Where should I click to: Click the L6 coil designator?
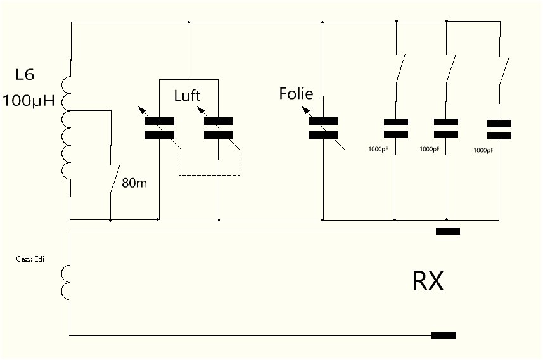tap(25, 75)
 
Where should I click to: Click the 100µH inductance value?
tap(29, 101)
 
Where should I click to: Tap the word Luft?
tap(187, 96)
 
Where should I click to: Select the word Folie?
tap(296, 94)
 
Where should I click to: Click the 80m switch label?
tap(134, 183)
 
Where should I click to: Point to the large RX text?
tap(428, 281)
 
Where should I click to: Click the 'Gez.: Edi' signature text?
tap(30, 259)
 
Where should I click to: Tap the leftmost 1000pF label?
tap(378, 149)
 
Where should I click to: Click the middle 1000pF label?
tap(430, 149)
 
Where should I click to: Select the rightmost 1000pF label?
tap(483, 150)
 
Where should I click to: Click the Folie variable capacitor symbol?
tap(323, 128)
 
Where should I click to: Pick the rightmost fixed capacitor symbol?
tap(499, 129)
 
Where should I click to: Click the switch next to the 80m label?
tap(115, 179)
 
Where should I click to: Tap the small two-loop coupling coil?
tap(66, 283)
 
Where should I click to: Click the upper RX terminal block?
tap(448, 231)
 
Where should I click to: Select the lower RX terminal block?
tap(444, 335)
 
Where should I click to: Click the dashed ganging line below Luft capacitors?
tap(209, 175)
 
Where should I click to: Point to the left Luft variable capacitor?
tap(159, 128)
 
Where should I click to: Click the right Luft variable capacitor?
tap(218, 128)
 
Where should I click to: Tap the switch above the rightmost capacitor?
tap(504, 71)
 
